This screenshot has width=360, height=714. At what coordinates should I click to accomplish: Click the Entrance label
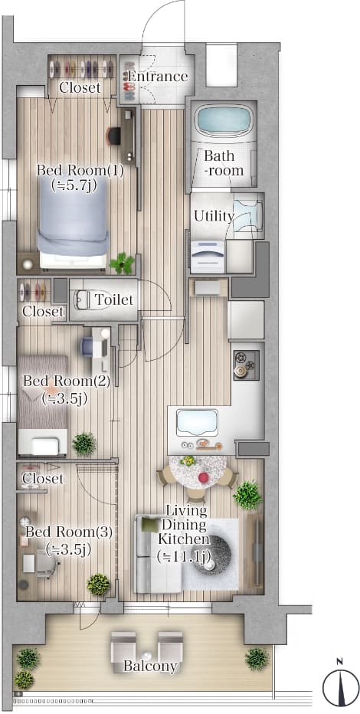[x=158, y=76]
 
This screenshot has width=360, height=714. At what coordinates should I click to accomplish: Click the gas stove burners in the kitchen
[x=246, y=365]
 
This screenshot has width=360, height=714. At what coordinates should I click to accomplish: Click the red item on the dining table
[x=204, y=478]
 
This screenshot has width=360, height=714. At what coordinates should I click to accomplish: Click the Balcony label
[x=150, y=667]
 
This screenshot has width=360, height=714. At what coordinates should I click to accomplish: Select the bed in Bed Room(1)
[x=74, y=222]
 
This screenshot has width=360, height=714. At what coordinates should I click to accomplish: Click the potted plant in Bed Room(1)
[x=122, y=264]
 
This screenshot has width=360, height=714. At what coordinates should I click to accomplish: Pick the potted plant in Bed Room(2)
[x=84, y=444]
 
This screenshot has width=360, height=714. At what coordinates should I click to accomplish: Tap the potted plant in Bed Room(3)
[x=99, y=585]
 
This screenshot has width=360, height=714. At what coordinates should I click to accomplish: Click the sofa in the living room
[x=157, y=554]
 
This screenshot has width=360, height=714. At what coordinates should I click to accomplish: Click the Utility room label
[x=214, y=216]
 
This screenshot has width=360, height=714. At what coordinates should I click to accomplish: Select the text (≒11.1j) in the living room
[x=183, y=556]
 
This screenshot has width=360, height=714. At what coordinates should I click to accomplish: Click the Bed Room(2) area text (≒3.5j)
[x=64, y=399]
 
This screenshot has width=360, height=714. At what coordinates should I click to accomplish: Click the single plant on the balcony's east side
[x=257, y=658]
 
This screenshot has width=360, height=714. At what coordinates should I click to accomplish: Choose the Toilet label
[x=114, y=300]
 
